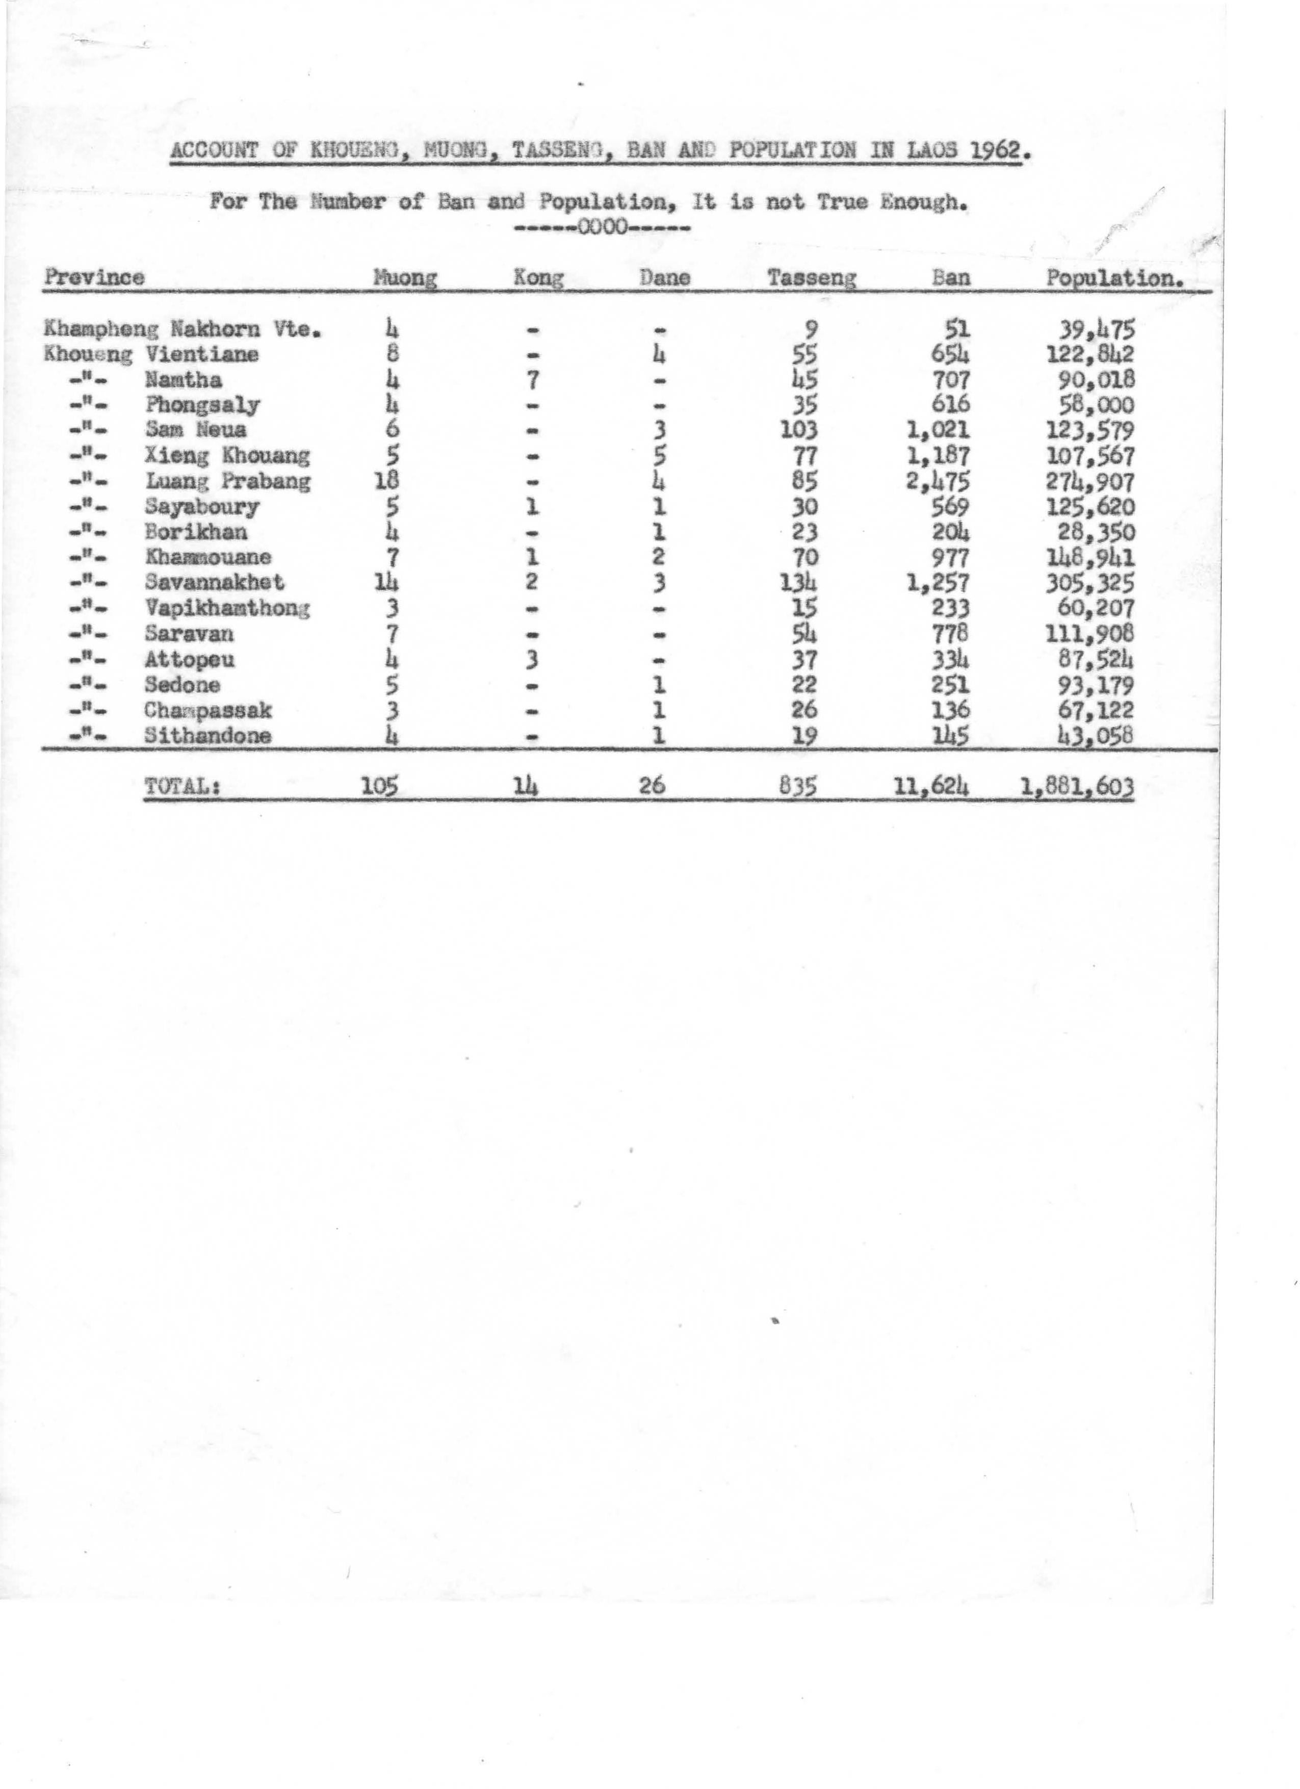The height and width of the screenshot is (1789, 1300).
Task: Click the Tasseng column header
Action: click(812, 278)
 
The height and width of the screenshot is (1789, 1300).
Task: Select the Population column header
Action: click(1114, 278)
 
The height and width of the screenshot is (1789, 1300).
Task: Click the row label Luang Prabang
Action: click(228, 481)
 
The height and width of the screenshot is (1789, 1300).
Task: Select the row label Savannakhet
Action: click(215, 583)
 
